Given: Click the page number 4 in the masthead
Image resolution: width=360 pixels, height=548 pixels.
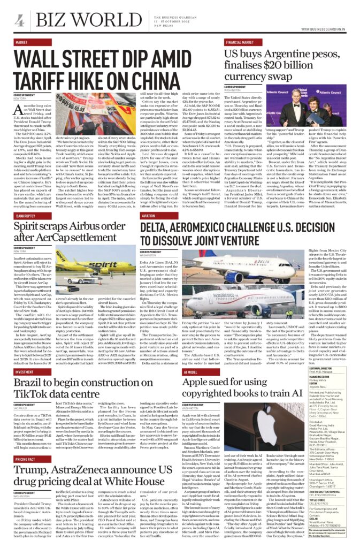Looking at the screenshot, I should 19,21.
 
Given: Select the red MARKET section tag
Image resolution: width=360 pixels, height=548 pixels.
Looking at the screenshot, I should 22,42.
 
